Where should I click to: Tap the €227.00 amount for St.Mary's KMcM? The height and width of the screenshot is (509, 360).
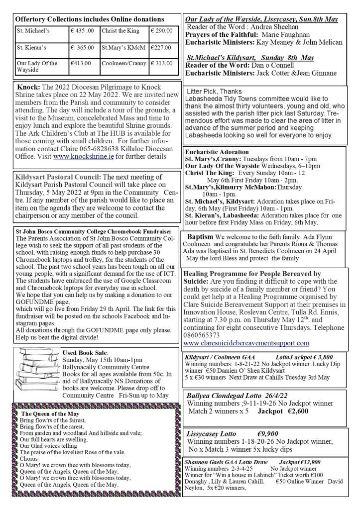(162, 48)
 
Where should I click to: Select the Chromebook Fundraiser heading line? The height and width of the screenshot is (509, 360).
(94, 232)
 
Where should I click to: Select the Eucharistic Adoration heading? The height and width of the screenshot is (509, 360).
(217, 151)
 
